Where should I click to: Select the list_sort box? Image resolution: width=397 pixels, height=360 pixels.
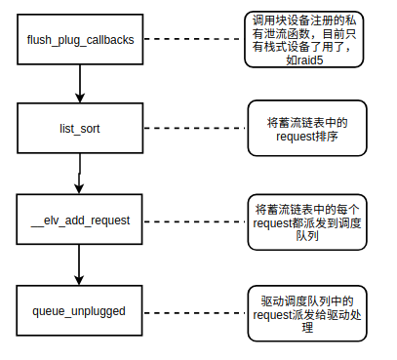tap(81, 129)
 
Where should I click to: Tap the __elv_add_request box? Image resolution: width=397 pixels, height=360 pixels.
tap(81, 220)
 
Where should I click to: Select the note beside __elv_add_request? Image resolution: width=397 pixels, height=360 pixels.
tap(307, 220)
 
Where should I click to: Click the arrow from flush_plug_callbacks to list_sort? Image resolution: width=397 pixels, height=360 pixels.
tap(80, 86)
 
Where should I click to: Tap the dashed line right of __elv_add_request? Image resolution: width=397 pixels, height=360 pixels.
tap(192, 220)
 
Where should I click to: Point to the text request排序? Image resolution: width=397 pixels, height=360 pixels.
tap(307, 137)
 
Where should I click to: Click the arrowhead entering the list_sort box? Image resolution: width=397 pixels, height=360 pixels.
tap(80, 98)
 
